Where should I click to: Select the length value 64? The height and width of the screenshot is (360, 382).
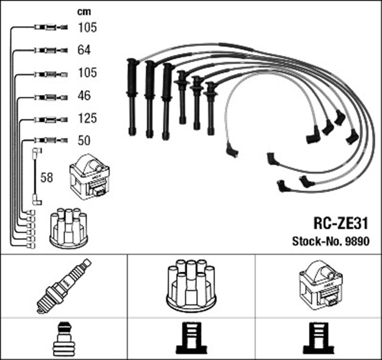click(84, 50)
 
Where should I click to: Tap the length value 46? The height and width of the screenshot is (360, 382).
click(84, 96)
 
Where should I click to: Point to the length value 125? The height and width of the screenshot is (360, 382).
click(87, 118)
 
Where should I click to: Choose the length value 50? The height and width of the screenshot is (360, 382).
click(84, 141)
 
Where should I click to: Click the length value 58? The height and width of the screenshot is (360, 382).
click(47, 177)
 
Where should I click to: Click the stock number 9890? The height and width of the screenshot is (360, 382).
click(357, 242)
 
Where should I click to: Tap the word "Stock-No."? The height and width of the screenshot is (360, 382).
click(316, 242)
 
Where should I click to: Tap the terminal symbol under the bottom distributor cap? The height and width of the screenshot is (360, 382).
click(190, 339)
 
